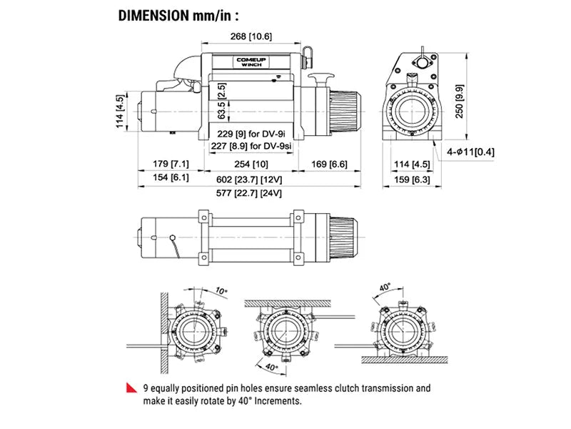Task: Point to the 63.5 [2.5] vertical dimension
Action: pos(222,103)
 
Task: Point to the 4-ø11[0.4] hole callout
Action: pos(472,152)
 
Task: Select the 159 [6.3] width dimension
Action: pos(415,178)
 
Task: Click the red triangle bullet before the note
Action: pos(131,388)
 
